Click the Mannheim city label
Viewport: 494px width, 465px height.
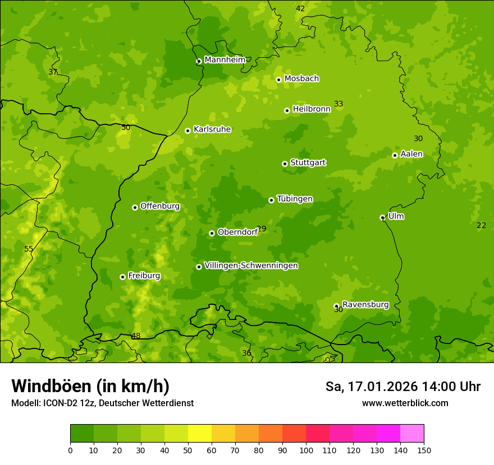(x=225, y=59)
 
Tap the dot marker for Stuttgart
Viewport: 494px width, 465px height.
(x=285, y=164)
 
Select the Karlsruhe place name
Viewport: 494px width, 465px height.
(x=212, y=129)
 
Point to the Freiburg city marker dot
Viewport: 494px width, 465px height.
(x=122, y=277)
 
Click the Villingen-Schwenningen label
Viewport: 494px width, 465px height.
(x=251, y=266)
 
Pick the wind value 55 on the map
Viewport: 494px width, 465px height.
(x=29, y=249)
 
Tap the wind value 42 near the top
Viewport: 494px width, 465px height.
(x=300, y=8)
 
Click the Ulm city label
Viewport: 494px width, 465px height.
(x=396, y=216)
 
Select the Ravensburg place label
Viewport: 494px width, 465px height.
(x=365, y=305)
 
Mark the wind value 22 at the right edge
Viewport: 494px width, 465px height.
(x=481, y=225)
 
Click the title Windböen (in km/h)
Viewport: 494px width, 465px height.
(x=90, y=386)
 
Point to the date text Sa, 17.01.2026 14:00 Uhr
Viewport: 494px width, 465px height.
(x=402, y=387)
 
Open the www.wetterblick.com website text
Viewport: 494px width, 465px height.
(x=405, y=403)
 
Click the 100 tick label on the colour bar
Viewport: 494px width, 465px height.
(x=306, y=450)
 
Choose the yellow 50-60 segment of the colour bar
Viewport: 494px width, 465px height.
(x=200, y=434)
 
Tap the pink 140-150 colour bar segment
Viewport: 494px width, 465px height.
(x=412, y=434)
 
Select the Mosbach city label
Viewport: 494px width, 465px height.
(x=301, y=78)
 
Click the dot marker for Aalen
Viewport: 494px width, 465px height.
(x=395, y=155)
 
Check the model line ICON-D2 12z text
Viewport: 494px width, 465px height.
(x=102, y=403)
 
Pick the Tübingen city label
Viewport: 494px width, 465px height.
(x=295, y=199)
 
